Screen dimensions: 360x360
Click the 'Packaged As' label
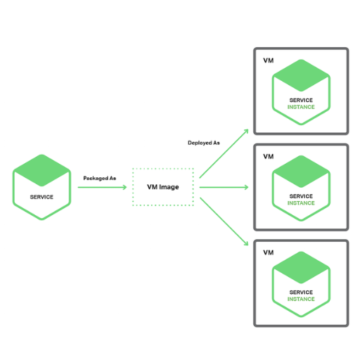coord(100,179)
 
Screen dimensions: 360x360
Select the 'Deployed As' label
coord(204,143)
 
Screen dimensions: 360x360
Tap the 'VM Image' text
coord(163,187)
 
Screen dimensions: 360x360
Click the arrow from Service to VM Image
coord(102,187)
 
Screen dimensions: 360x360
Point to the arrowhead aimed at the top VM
coord(246,131)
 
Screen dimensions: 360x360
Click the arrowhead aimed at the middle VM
coord(246,187)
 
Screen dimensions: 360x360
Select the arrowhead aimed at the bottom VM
coord(246,243)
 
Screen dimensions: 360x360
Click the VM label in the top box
coord(269,60)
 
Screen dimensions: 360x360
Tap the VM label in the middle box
coord(269,157)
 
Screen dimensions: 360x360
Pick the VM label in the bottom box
coord(269,252)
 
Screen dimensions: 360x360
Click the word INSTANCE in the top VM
coord(301,107)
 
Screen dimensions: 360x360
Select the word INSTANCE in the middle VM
coord(301,203)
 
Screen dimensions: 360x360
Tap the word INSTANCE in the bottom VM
coord(301,300)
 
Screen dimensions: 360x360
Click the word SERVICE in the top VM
coord(301,101)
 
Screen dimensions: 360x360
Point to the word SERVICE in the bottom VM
coord(301,292)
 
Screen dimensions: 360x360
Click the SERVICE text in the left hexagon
coord(41,197)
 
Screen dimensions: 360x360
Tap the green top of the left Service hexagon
coord(41,170)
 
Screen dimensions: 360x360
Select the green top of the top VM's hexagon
coord(301,75)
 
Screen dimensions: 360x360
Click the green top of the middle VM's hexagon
coord(301,172)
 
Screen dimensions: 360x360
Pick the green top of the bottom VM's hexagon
coord(301,267)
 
